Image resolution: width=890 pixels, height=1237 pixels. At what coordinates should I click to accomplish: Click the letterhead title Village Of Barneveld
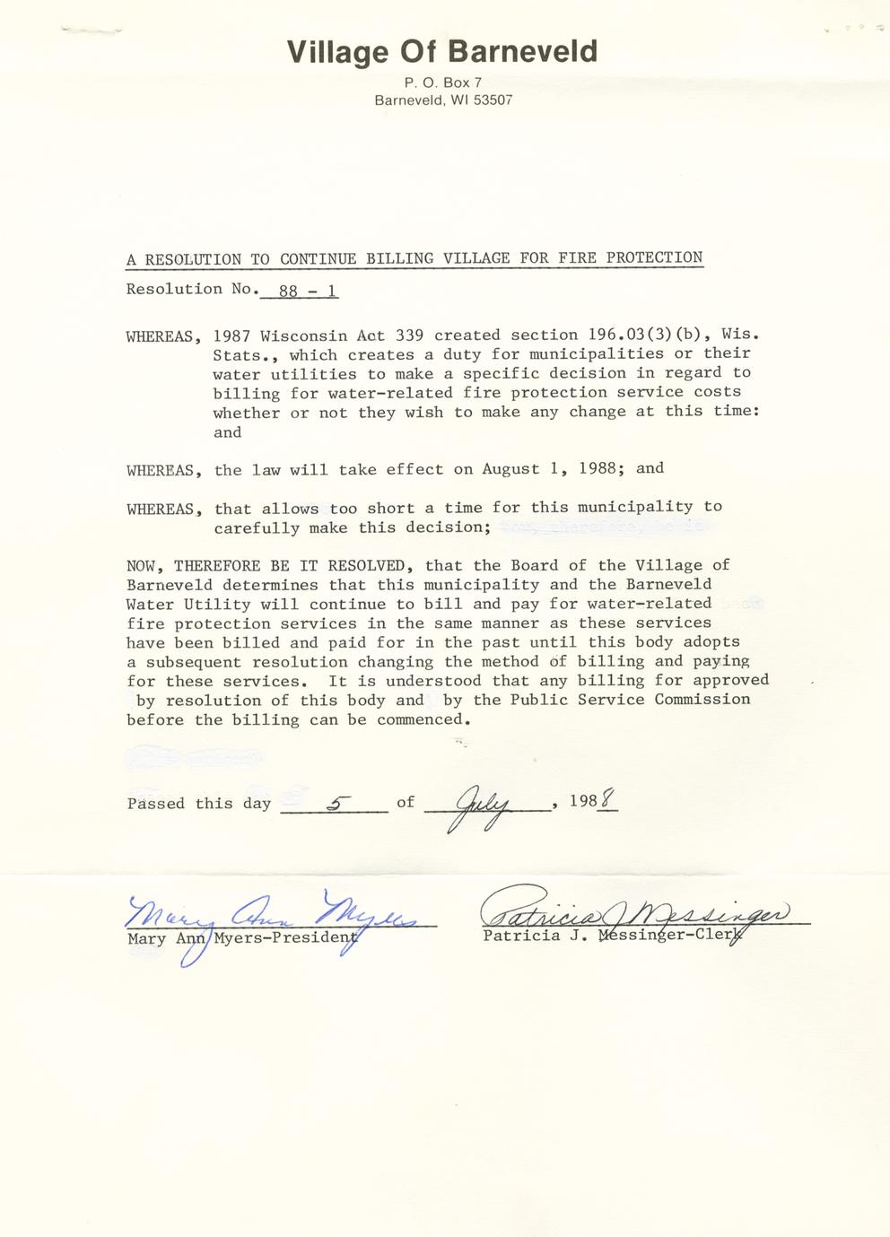(442, 52)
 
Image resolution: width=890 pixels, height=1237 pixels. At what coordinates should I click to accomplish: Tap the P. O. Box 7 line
(443, 83)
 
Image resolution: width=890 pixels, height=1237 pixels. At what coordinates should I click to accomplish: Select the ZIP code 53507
(493, 100)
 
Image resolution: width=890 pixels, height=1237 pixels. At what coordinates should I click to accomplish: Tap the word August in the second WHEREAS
(510, 469)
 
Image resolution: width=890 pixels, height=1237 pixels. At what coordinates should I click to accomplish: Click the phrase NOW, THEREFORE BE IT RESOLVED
(269, 566)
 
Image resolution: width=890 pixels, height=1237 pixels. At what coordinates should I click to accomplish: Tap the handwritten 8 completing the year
(608, 798)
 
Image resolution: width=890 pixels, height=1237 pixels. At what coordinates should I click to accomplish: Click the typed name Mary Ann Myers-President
(242, 938)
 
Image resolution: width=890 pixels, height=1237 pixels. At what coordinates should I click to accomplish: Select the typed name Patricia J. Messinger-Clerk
(614, 935)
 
